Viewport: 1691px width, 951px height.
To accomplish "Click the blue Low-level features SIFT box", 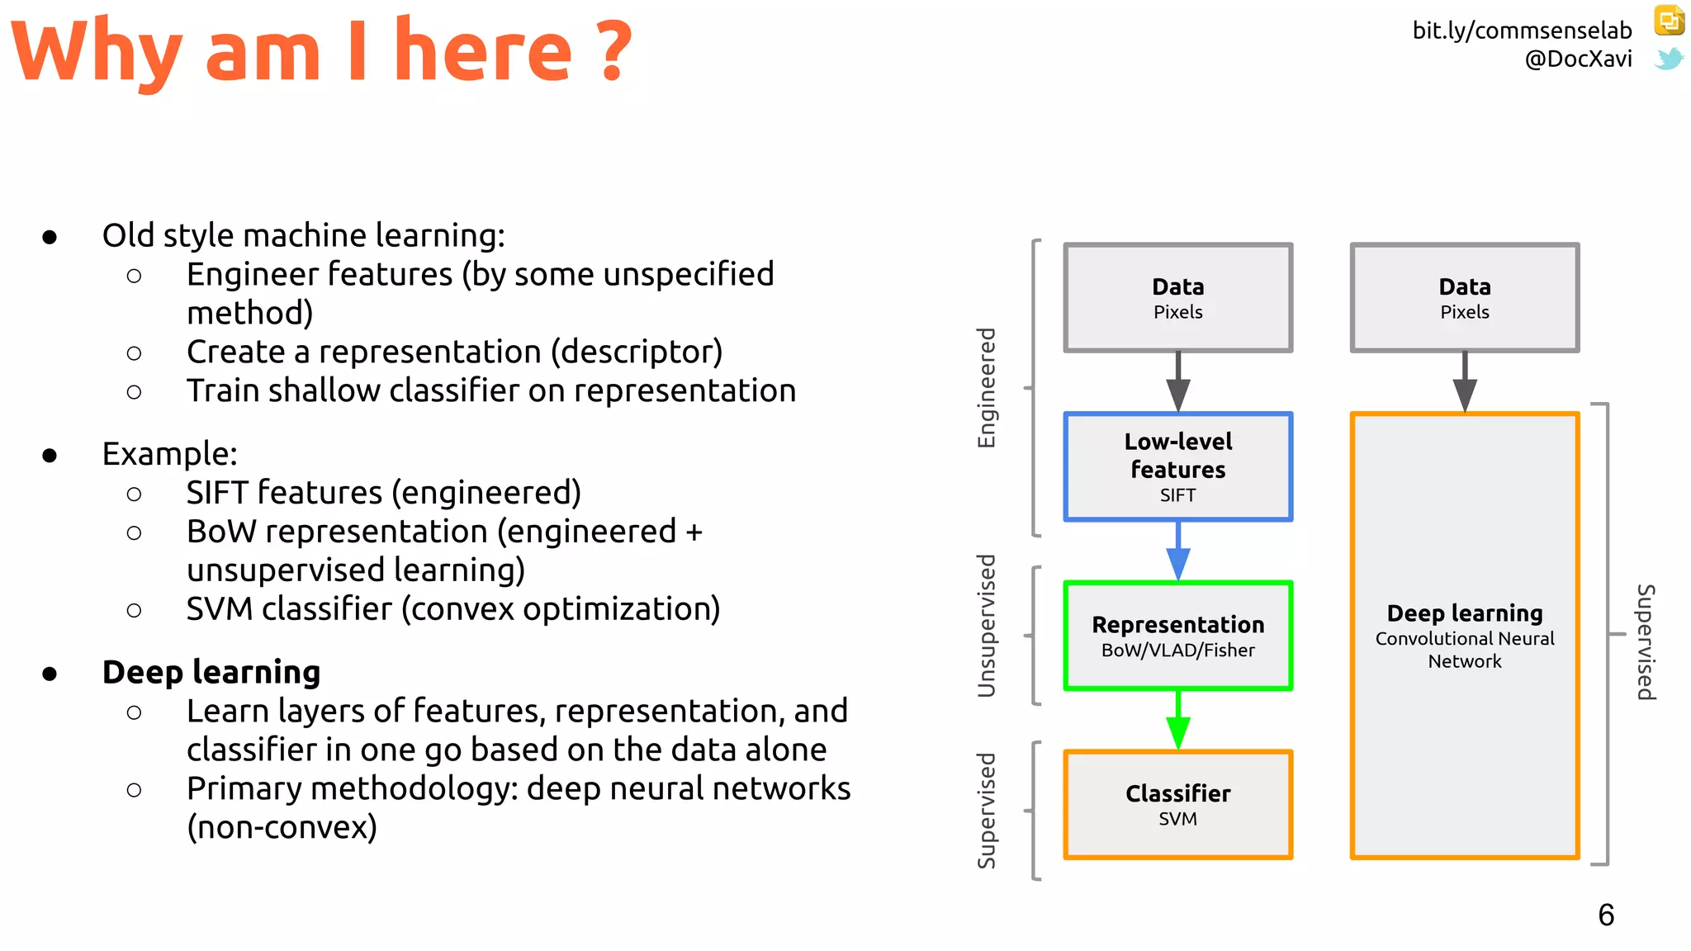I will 1177,466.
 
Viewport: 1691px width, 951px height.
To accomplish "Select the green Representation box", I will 1177,636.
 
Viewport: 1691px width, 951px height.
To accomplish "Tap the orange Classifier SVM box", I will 1177,805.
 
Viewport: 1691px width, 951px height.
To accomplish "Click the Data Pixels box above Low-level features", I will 1177,298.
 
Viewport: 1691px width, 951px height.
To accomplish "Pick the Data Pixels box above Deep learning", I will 1464,298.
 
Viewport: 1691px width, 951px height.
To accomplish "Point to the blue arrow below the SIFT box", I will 1178,553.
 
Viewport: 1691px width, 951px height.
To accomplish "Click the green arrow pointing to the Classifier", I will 1178,722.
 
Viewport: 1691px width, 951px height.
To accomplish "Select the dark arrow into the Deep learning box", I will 1465,384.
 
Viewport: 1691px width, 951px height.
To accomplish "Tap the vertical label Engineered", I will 987,388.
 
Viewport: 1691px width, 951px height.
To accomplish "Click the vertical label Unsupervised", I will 987,626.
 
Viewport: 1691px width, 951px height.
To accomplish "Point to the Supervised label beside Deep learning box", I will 1646,642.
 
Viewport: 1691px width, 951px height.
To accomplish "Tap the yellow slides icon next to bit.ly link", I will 1669,21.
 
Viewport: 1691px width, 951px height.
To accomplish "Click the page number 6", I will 1606,915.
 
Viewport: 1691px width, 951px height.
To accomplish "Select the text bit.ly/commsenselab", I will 1522,31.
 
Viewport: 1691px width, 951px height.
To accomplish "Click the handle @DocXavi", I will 1578,59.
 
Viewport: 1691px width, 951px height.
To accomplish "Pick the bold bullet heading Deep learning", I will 211,672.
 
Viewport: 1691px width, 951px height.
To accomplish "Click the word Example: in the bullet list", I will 169,454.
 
